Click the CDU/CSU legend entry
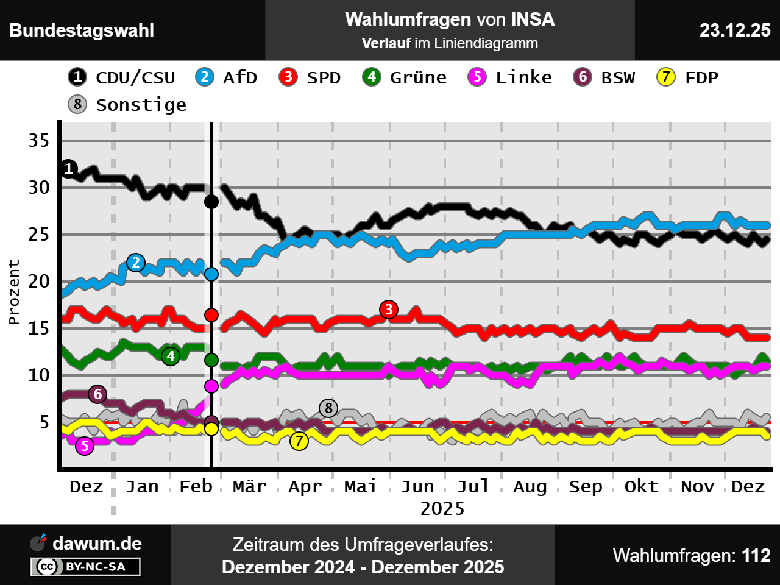click(122, 77)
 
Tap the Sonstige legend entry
click(128, 105)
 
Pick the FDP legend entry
click(688, 77)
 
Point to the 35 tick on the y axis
click(39, 141)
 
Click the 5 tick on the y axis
click(44, 422)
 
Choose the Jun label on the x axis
click(417, 486)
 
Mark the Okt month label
click(641, 486)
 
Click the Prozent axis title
click(14, 292)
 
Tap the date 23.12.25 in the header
click(734, 30)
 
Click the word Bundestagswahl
click(82, 30)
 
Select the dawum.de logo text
click(97, 544)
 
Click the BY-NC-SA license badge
click(86, 567)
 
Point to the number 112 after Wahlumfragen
click(756, 555)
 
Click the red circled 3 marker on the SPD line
click(389, 310)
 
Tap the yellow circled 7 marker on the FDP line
click(299, 441)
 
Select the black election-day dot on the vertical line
click(211, 202)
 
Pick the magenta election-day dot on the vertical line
click(211, 386)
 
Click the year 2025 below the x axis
click(442, 508)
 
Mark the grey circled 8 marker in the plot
click(328, 408)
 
